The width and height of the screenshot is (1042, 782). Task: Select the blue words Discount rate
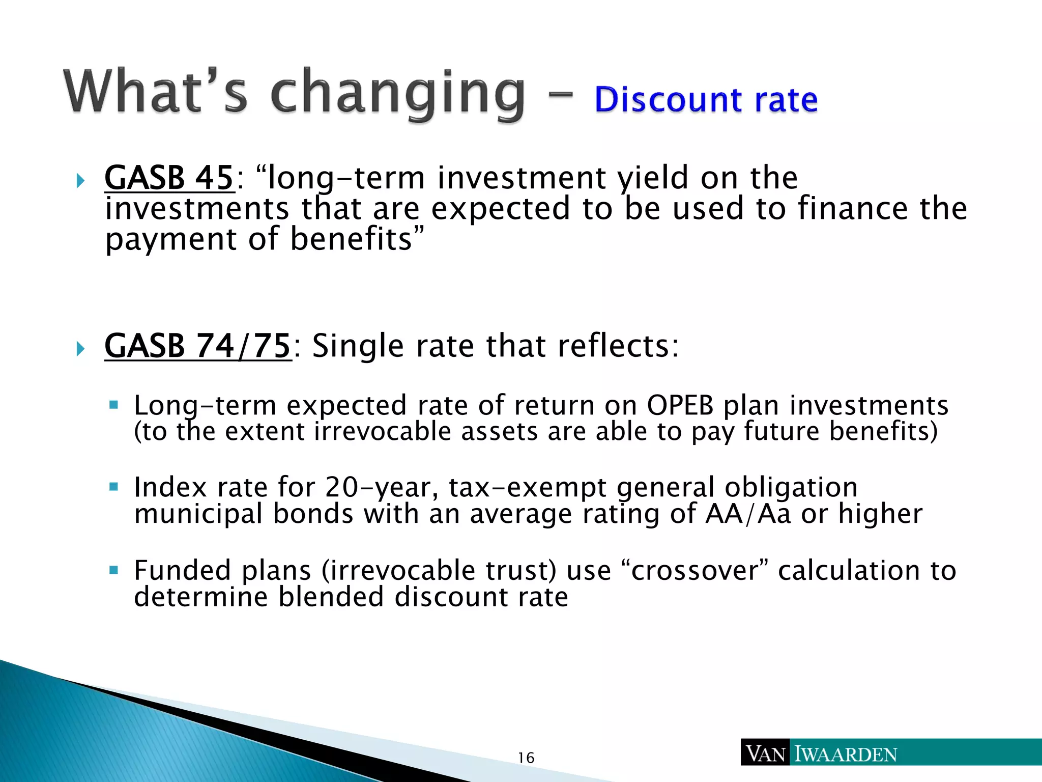(706, 99)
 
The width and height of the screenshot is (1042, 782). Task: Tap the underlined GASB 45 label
(169, 178)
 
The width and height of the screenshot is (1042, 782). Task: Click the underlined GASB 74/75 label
(197, 346)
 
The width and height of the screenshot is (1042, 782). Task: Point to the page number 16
(526, 758)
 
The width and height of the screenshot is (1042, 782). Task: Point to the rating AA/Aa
(748, 514)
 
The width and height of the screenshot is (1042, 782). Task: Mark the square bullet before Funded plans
(113, 569)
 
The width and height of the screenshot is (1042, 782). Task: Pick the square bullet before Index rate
(113, 486)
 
